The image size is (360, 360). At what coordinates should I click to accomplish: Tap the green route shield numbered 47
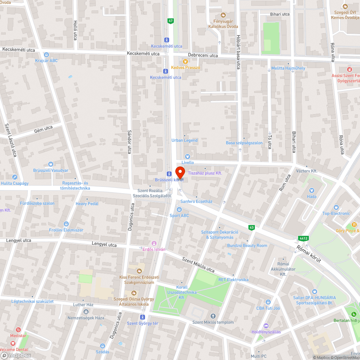(171, 21)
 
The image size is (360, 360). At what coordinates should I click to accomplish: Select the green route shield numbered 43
(251, 227)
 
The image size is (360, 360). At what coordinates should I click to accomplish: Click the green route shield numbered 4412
(302, 238)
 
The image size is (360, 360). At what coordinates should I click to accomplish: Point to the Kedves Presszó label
(185, 67)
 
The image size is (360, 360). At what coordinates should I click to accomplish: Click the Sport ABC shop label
(179, 216)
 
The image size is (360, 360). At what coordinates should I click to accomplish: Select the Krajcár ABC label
(46, 60)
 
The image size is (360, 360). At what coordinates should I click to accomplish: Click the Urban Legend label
(185, 140)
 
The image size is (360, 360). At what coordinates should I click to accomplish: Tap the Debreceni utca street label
(204, 55)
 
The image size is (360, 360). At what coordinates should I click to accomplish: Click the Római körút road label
(309, 254)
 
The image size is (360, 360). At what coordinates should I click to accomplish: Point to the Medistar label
(18, 335)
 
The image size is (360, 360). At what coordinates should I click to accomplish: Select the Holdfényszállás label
(266, 332)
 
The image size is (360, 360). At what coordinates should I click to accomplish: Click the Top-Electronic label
(336, 213)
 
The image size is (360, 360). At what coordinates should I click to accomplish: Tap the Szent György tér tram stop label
(143, 323)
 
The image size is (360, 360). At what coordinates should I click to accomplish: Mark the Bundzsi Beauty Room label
(247, 246)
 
